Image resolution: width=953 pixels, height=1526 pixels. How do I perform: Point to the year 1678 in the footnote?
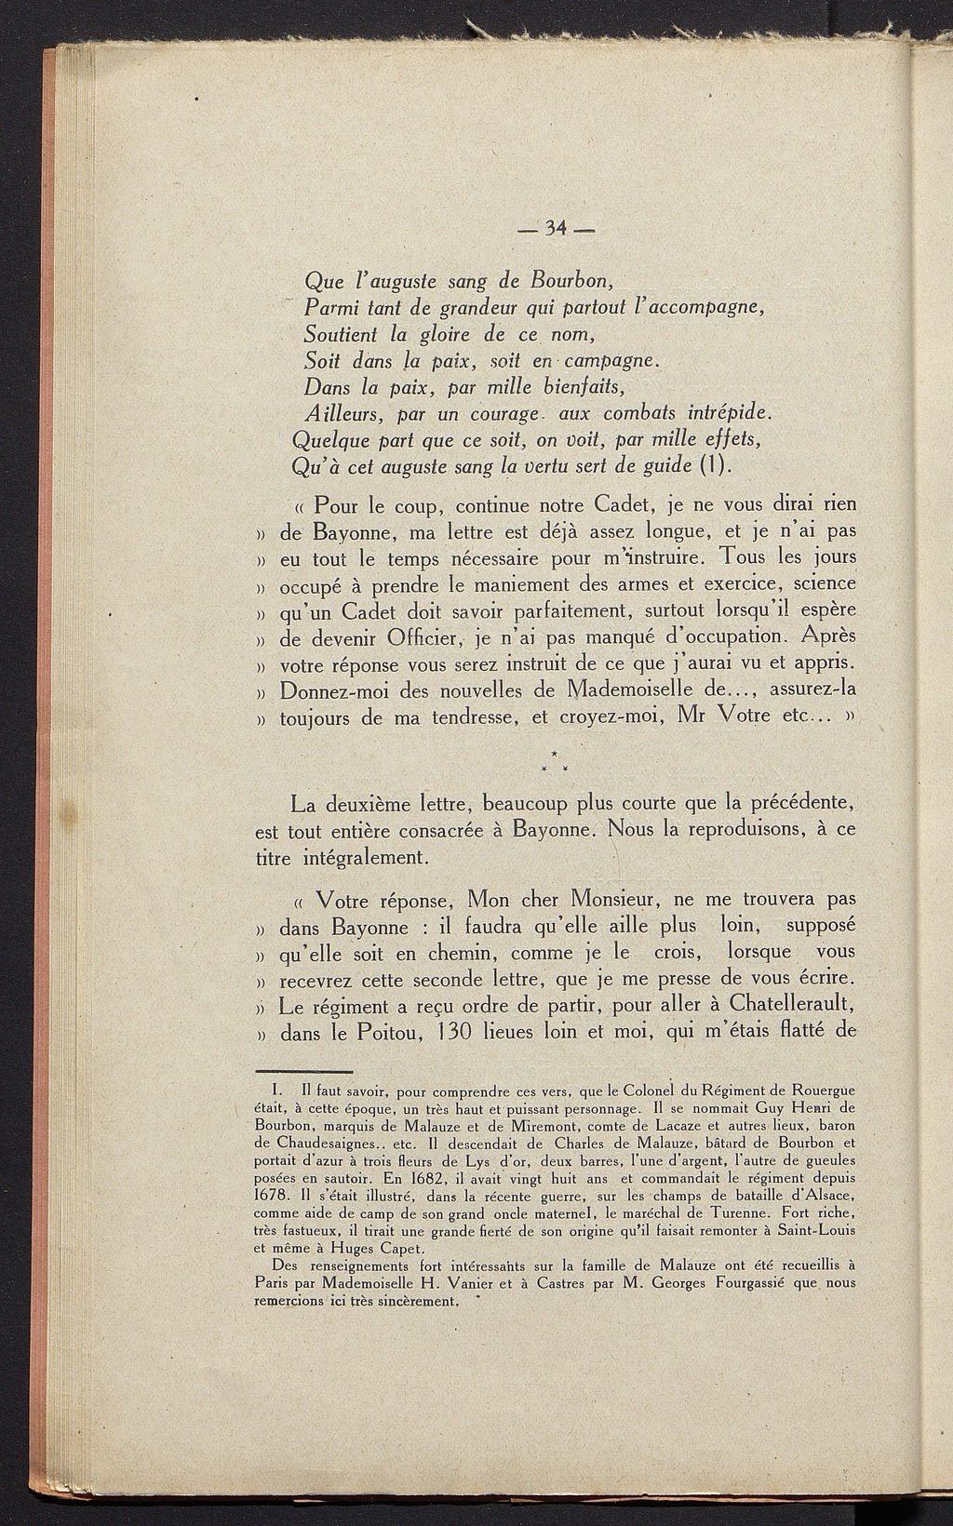pyautogui.click(x=274, y=1194)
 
